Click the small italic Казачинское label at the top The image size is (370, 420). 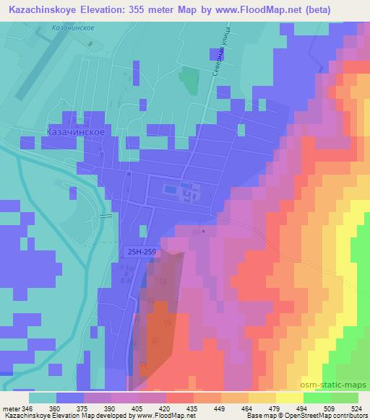click(x=74, y=27)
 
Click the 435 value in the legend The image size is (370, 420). click(x=192, y=408)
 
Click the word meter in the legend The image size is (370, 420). click(x=9, y=408)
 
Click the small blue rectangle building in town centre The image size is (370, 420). click(x=170, y=190)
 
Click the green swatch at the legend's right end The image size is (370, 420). click(x=344, y=398)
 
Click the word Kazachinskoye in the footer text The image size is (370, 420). click(x=23, y=416)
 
